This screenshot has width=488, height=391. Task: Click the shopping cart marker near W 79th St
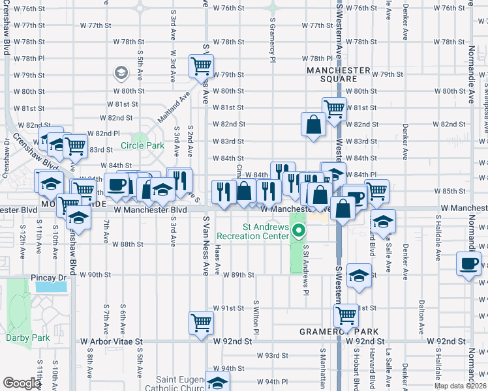(202, 65)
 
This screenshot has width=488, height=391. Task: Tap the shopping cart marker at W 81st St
(334, 108)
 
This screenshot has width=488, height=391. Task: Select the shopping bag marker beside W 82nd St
(313, 124)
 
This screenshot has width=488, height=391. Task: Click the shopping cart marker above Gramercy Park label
(346, 316)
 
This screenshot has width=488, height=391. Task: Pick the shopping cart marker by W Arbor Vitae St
(201, 323)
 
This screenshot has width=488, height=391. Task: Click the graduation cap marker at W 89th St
(359, 276)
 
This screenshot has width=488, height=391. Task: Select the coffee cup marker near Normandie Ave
(468, 264)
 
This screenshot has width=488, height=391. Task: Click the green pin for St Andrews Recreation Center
(299, 230)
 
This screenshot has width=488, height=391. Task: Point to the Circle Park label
(142, 145)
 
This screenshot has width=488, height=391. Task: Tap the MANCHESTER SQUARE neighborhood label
(339, 74)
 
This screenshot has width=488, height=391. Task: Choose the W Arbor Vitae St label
(111, 341)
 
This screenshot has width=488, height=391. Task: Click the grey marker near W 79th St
(121, 73)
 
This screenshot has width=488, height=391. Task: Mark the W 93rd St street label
(272, 355)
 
